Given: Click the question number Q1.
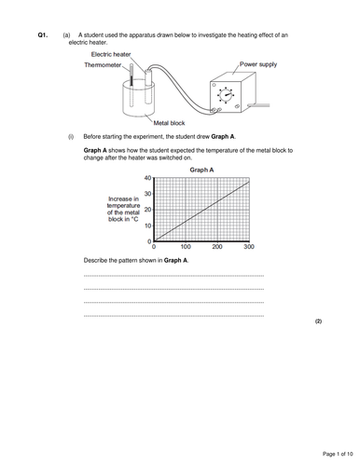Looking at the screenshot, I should click(42, 34).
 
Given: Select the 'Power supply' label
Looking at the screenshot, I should click(259, 65).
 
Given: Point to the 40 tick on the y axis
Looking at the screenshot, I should click(147, 177).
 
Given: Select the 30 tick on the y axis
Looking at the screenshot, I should click(147, 193).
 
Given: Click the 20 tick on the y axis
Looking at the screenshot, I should click(147, 209).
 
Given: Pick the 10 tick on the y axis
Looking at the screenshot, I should click(147, 225).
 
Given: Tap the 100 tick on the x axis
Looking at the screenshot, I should click(186, 247).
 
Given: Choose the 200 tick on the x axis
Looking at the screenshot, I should click(217, 247).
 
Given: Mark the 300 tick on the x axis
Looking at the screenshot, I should click(248, 247).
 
